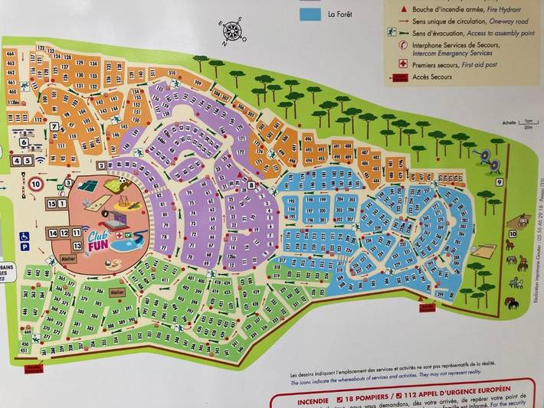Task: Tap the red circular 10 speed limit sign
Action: tap(36, 183)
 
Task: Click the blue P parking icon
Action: tap(23, 248)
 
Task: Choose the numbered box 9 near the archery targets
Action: tap(499, 182)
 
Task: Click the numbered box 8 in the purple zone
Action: tap(251, 185)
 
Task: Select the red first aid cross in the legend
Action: tap(392, 64)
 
